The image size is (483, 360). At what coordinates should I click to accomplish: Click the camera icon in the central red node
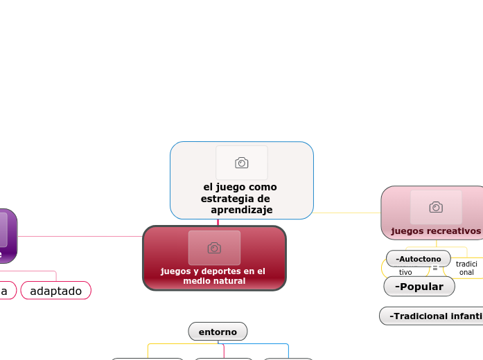pyautogui.click(x=214, y=248)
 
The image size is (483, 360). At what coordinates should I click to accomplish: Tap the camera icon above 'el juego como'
pyautogui.click(x=241, y=163)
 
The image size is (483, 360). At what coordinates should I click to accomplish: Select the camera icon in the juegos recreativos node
pyautogui.click(x=436, y=207)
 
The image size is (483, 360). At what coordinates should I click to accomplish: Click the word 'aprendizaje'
pyautogui.click(x=241, y=210)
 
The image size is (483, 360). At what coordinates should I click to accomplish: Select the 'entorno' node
pyautogui.click(x=218, y=332)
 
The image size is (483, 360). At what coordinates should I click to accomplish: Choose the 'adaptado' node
pyautogui.click(x=56, y=291)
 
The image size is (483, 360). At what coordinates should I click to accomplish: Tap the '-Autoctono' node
pyautogui.click(x=419, y=259)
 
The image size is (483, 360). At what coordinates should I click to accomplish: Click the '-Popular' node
pyautogui.click(x=419, y=286)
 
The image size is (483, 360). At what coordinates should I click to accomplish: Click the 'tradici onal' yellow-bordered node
pyautogui.click(x=466, y=268)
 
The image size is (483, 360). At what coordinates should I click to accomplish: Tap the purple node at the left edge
pyautogui.click(x=7, y=236)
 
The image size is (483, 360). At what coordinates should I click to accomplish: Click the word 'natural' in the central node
pyautogui.click(x=230, y=281)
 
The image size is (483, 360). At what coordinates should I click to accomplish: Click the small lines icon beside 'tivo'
pyautogui.click(x=435, y=268)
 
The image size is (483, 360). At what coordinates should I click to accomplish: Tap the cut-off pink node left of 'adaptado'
pyautogui.click(x=6, y=291)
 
